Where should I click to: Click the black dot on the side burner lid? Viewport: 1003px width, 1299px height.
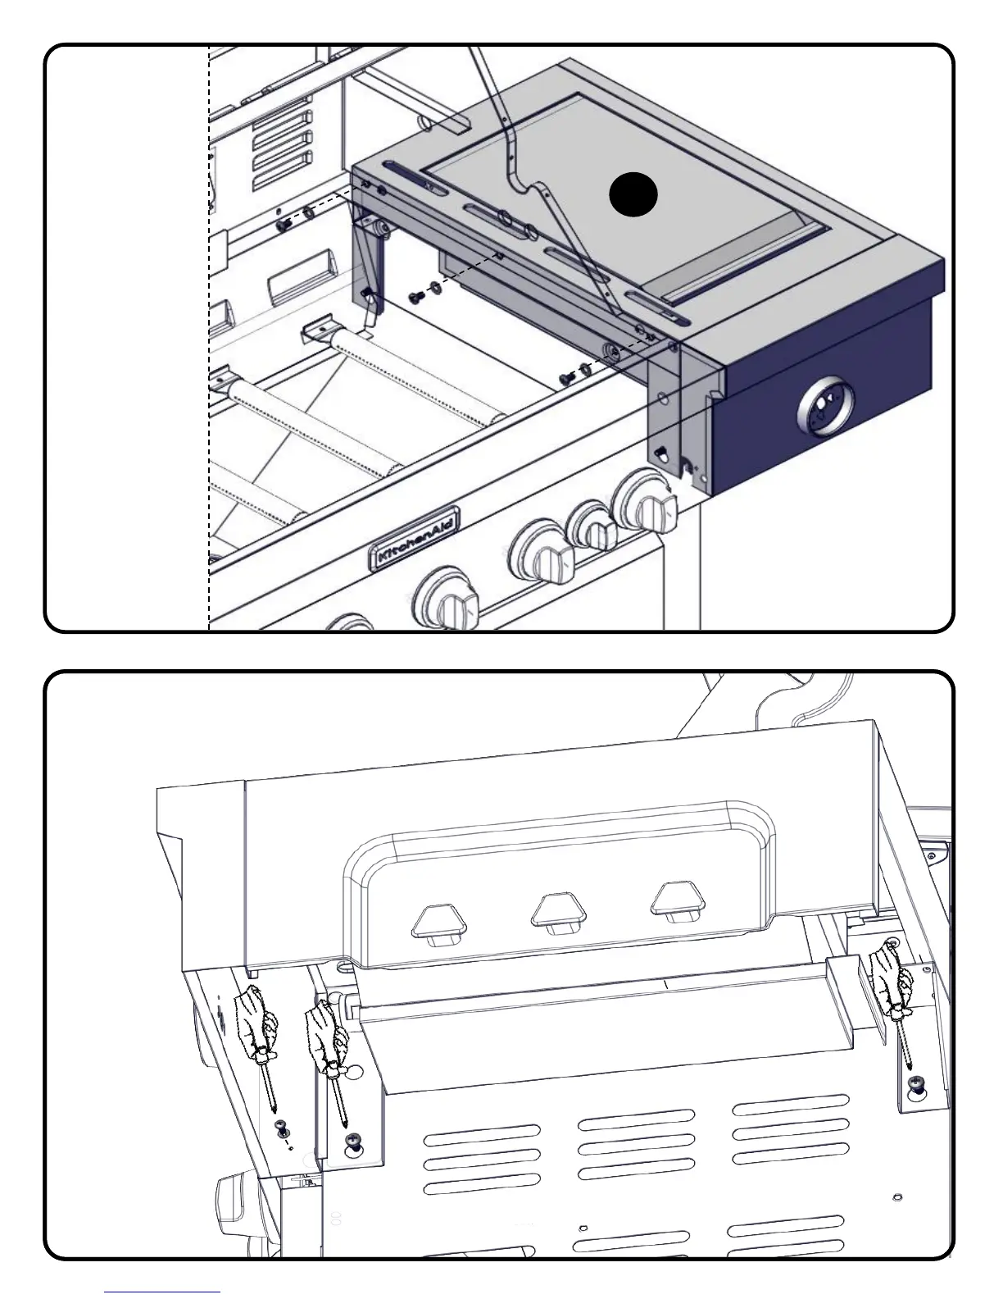633,196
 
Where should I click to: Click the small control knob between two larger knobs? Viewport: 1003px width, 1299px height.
592,525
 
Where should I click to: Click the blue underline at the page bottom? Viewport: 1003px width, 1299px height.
162,1292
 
